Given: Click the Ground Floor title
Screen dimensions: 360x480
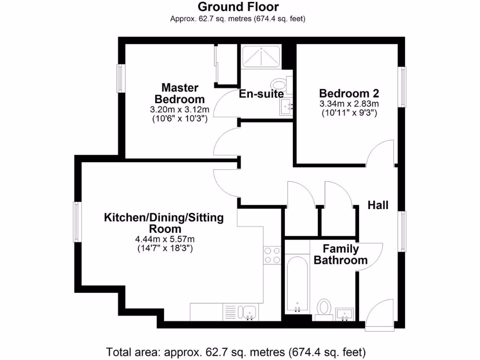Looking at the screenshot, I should (x=238, y=7).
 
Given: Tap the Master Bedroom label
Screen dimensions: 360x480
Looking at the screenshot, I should (x=180, y=93).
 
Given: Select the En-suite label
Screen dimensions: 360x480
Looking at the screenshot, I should (x=261, y=94).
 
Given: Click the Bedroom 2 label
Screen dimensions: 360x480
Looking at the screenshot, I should (x=349, y=93).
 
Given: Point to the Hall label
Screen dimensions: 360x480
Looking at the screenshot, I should (x=378, y=205).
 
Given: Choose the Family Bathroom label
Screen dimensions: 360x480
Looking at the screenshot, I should (x=341, y=255).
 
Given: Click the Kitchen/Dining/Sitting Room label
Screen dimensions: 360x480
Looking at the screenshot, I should (x=164, y=223).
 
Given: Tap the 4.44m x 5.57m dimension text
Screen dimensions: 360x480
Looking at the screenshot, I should (x=164, y=239).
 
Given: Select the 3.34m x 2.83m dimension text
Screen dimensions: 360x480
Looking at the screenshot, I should (x=349, y=104).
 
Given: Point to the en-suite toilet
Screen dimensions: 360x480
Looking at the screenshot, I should (x=280, y=84).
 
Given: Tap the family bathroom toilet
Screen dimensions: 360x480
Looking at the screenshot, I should (x=323, y=309).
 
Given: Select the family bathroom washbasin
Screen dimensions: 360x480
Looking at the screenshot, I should (x=345, y=313).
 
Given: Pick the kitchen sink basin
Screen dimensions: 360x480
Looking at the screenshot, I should (x=248, y=312).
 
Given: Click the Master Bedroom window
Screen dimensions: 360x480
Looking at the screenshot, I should (x=120, y=78).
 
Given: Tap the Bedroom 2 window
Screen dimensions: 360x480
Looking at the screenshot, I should (x=402, y=87).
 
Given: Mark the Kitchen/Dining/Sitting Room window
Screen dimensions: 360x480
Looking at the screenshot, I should (x=77, y=222).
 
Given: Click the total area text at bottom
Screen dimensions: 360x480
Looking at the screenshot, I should (x=236, y=351).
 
